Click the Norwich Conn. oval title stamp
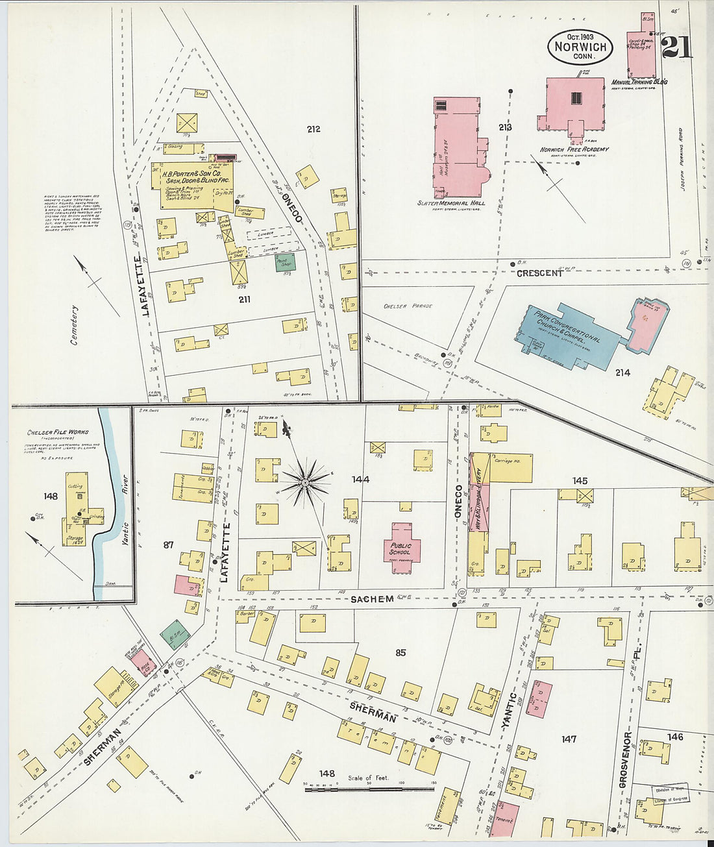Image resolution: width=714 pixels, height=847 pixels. (x=580, y=47)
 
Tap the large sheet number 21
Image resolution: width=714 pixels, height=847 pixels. (x=676, y=47)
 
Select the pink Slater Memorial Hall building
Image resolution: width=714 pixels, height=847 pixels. (x=457, y=147)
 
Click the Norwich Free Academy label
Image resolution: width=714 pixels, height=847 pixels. (x=574, y=149)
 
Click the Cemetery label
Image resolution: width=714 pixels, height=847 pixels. (x=75, y=325)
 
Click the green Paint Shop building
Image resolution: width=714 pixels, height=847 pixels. (x=285, y=262)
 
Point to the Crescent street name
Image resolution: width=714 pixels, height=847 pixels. (x=539, y=273)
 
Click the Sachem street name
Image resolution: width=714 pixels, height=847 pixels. (x=372, y=598)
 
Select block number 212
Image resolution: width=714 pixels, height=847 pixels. (x=314, y=129)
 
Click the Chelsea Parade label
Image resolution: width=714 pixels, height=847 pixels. (x=408, y=306)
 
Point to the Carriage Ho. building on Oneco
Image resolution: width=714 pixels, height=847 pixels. (x=511, y=467)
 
